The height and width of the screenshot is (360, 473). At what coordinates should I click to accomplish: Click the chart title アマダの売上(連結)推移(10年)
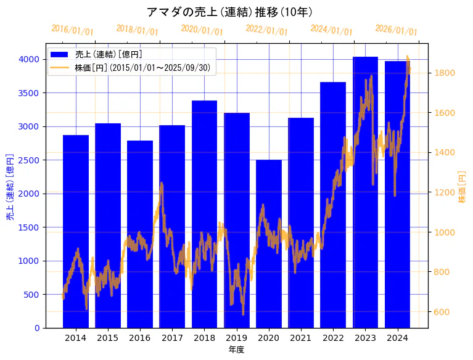click(x=230, y=12)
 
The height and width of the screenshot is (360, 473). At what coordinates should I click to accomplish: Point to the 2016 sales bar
click(x=140, y=234)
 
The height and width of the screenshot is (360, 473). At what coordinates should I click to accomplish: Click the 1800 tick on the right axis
click(x=445, y=73)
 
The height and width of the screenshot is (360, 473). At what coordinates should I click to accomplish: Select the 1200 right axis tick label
click(x=445, y=192)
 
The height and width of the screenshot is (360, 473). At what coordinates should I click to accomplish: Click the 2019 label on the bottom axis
click(x=236, y=338)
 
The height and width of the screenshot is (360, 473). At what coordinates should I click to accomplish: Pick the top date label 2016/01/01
click(x=72, y=30)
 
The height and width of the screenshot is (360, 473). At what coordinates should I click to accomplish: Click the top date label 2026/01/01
click(x=396, y=31)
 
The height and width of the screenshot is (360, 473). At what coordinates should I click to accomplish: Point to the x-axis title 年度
click(x=236, y=350)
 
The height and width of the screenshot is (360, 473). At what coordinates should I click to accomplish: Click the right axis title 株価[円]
click(x=463, y=187)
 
